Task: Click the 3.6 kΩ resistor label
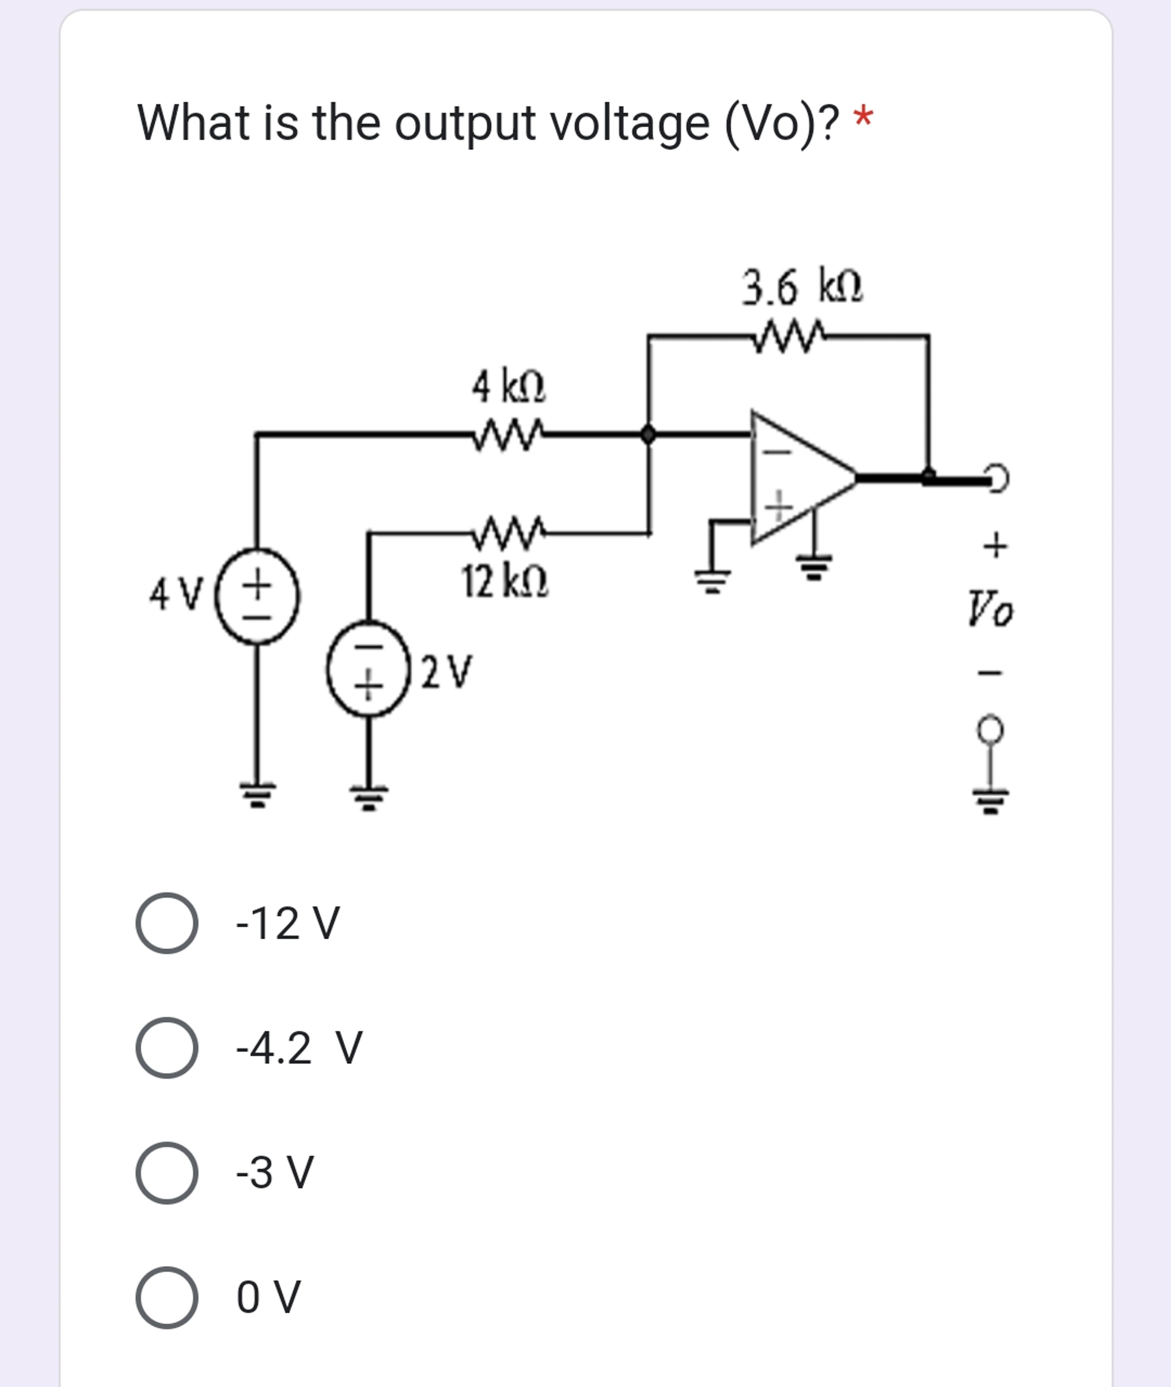(802, 287)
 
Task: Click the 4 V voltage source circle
(257, 595)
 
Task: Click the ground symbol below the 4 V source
(257, 794)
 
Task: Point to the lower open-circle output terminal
(990, 729)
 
